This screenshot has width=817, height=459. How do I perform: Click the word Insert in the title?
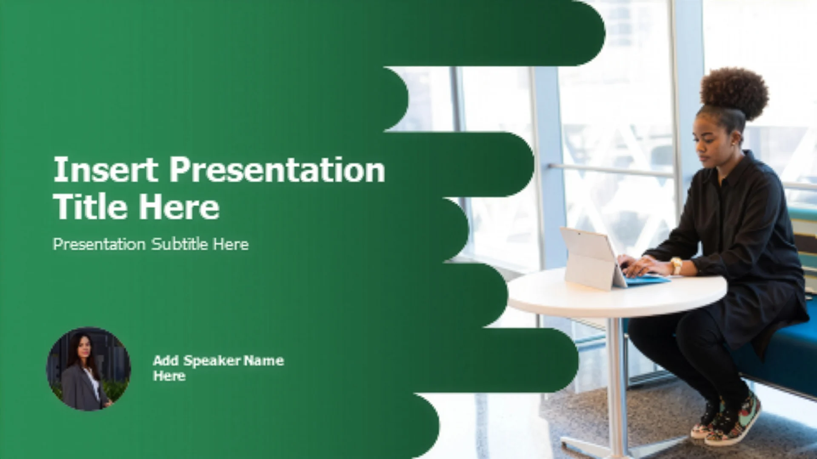coord(106,169)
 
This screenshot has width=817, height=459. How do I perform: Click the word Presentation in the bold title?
coord(277,170)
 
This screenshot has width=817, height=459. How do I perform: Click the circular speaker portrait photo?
coord(89,369)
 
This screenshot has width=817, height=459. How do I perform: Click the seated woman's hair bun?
coord(734,93)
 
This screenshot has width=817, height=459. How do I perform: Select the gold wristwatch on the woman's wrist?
coord(676,266)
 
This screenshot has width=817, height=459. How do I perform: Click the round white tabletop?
coord(617,293)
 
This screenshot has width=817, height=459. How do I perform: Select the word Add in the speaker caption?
coord(166,360)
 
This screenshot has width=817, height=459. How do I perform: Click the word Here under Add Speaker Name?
coord(169,376)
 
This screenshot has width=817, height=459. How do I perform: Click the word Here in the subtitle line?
coord(231,244)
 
